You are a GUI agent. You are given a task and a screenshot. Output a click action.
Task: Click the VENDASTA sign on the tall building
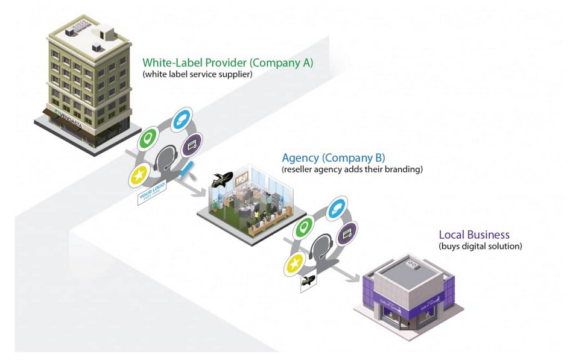[x=72, y=114]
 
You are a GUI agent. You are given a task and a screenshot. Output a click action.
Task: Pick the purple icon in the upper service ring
[x=192, y=144]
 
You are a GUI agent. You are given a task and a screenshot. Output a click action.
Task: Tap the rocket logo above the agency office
[x=221, y=179]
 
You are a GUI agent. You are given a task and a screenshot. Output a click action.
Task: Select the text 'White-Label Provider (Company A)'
[x=227, y=63]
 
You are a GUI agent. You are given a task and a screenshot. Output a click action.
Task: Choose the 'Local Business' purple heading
[x=474, y=235]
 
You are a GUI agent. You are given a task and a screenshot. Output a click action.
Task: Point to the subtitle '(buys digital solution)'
[x=480, y=247]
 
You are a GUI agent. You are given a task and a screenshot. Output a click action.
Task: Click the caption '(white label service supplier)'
[x=197, y=75]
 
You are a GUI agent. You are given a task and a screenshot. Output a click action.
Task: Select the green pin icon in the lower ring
[x=303, y=229]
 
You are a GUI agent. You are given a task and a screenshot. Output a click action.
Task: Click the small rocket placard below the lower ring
[x=308, y=282]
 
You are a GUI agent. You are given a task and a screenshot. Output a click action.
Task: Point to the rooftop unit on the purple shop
[x=414, y=264]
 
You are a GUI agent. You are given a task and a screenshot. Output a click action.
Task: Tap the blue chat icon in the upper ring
[x=180, y=119]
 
